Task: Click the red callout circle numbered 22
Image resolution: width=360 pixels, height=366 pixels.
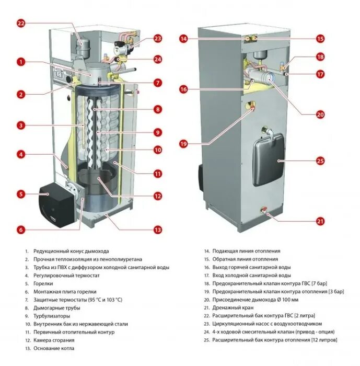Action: [x=21, y=23]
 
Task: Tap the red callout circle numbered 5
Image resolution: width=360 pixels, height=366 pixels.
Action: [x=21, y=194]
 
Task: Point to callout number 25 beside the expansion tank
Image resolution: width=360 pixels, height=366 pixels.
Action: [x=320, y=161]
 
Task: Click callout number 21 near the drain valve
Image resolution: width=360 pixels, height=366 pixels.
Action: [x=320, y=221]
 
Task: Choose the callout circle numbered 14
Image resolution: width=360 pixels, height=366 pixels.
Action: [x=183, y=38]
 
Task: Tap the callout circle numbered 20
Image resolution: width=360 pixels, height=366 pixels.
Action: [x=320, y=115]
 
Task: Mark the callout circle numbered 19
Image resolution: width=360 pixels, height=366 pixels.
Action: [x=183, y=143]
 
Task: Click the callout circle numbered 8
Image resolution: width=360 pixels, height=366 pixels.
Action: [x=157, y=109]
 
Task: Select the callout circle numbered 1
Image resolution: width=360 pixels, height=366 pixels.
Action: [x=21, y=62]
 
